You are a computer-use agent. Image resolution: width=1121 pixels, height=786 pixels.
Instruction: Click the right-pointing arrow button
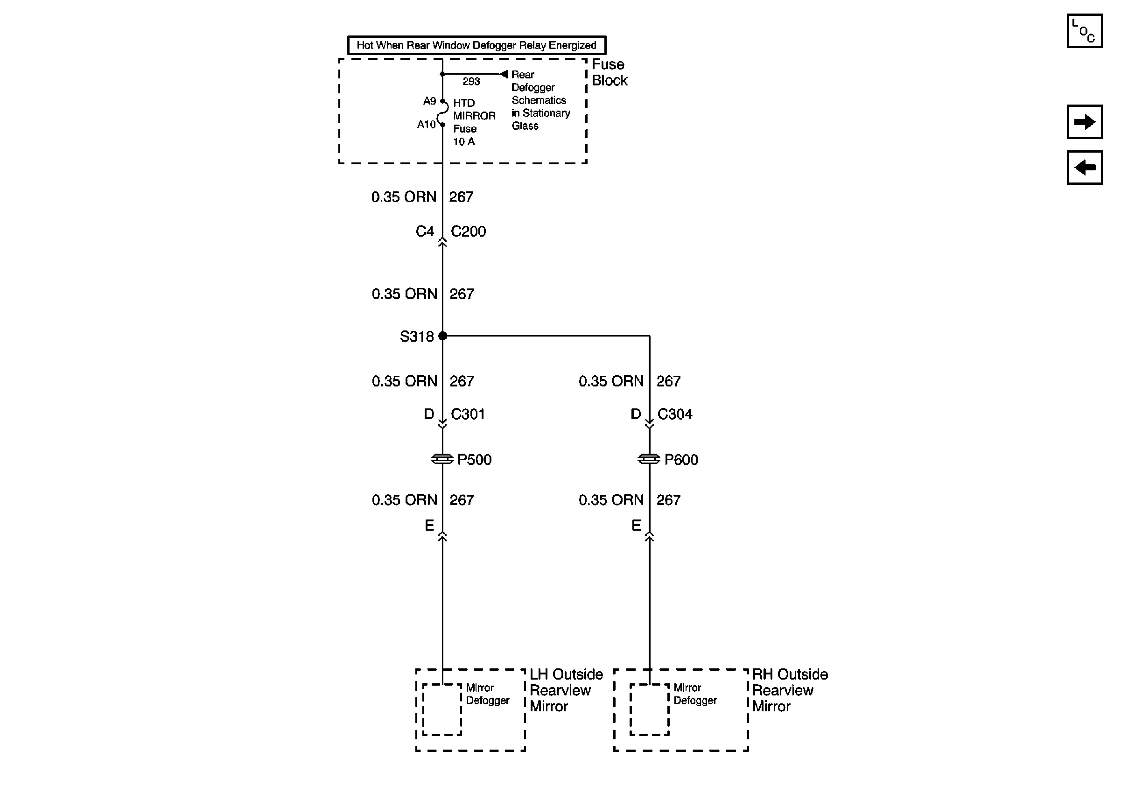click(1085, 122)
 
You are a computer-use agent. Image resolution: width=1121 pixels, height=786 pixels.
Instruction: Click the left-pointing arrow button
click(1085, 168)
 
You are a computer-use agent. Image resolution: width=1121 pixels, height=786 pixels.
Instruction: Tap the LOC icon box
click(1085, 31)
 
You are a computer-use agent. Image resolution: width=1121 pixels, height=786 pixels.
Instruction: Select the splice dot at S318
click(442, 336)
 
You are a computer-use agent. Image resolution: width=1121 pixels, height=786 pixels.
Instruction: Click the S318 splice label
click(416, 337)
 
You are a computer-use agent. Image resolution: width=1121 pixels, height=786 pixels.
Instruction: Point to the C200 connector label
click(468, 232)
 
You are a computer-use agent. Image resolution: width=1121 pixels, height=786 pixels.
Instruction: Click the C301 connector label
click(468, 414)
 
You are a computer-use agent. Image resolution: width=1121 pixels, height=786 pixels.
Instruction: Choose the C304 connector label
click(675, 414)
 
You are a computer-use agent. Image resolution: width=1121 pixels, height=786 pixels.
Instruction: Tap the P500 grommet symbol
click(442, 459)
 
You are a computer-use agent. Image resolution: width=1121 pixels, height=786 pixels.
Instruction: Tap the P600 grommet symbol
click(649, 459)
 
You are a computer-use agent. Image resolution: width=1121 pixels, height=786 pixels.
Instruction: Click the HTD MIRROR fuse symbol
click(442, 113)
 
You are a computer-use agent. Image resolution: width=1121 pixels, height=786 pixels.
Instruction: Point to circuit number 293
click(471, 82)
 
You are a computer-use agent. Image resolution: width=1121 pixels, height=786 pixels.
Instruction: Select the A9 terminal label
click(429, 101)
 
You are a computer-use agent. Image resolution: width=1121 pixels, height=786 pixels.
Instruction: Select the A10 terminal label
click(426, 125)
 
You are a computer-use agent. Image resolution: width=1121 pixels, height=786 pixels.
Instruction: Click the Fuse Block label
click(610, 72)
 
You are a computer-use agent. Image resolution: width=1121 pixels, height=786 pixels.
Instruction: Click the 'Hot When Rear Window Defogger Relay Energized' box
click(476, 45)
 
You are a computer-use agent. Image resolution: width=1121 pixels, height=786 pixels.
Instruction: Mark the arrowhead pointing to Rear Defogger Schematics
click(504, 74)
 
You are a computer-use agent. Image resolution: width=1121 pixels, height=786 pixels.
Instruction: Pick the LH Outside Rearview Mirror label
click(566, 690)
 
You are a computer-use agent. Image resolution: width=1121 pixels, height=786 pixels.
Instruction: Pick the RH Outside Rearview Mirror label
click(790, 690)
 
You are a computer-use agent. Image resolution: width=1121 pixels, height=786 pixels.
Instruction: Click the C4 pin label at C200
click(424, 232)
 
